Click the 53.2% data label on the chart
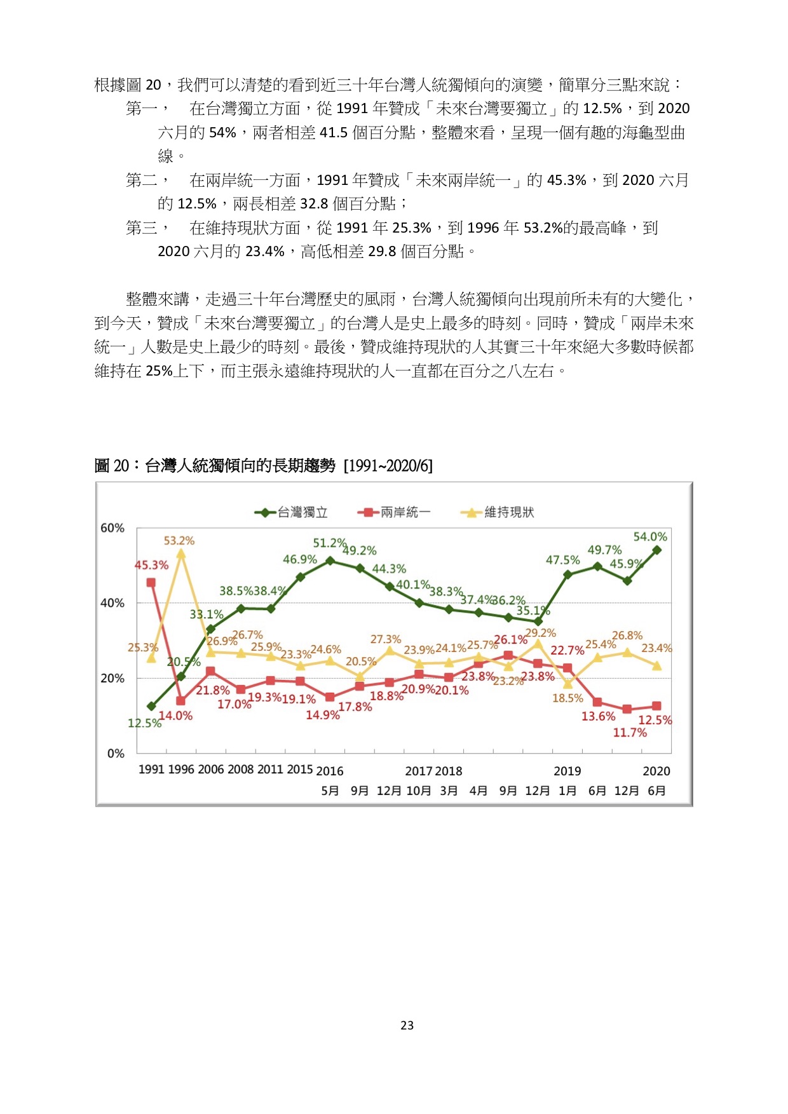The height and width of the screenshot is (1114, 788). coord(179,541)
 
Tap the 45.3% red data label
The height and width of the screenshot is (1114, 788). coord(151,565)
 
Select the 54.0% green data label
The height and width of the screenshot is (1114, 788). coord(650,537)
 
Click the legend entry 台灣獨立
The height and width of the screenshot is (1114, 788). coord(292,512)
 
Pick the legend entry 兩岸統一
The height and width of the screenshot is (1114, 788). coord(394,512)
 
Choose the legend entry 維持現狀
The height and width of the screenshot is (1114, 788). coord(498,512)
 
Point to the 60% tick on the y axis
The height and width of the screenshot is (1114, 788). coord(112,528)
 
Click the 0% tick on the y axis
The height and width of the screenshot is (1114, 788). coord(116,754)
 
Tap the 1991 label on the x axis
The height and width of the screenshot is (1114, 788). coord(151,770)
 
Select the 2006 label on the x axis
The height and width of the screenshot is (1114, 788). coord(211,770)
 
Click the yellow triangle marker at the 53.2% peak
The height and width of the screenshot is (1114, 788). coord(181,554)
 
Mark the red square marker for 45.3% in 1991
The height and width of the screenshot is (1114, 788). coord(151,582)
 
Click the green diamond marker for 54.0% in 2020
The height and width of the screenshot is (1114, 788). coord(657,550)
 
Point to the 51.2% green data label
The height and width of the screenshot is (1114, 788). coord(329,543)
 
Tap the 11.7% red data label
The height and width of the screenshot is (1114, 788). coord(630,733)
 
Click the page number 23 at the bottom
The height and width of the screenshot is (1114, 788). coord(407,1025)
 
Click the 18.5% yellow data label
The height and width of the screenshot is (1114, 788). coord(567,698)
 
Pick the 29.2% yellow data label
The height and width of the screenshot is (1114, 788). coord(541,633)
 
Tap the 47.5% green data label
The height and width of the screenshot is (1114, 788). coord(563,560)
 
